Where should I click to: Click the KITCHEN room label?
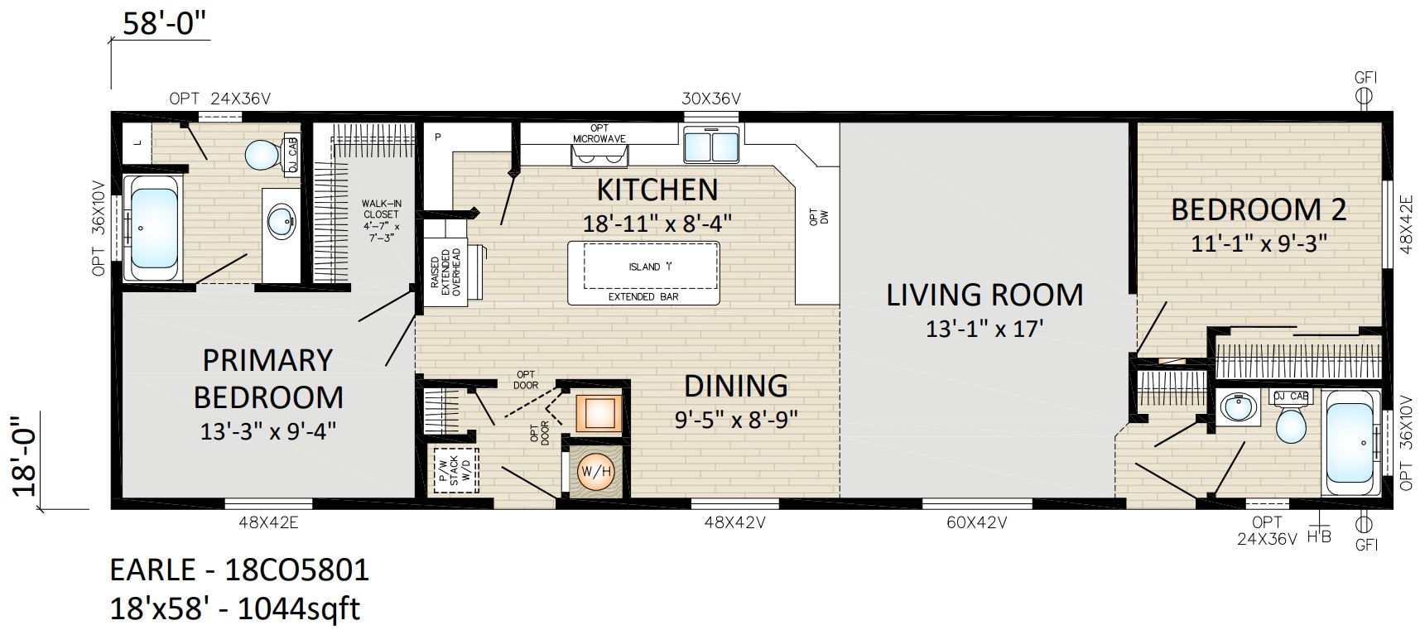(657, 190)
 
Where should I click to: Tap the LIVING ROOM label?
(984, 295)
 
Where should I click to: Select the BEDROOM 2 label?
(1259, 209)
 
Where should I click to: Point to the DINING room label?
(735, 386)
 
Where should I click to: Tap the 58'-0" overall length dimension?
(165, 23)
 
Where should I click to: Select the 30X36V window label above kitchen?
(711, 99)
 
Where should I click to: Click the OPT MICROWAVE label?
(599, 133)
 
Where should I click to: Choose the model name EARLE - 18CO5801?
(239, 570)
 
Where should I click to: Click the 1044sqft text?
(298, 609)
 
